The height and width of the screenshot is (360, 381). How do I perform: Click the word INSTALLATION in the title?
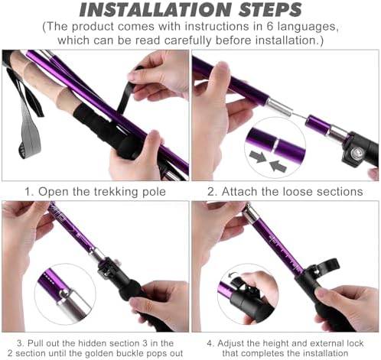click(x=155, y=10)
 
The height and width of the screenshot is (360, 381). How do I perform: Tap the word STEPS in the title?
click(x=270, y=10)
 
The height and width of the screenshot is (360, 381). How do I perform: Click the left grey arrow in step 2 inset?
click(x=258, y=156)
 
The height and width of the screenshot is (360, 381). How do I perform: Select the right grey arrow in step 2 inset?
click(x=278, y=167)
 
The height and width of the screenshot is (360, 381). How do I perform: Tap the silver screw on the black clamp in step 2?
click(x=356, y=153)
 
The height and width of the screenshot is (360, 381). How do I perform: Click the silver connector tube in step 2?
click(x=278, y=108)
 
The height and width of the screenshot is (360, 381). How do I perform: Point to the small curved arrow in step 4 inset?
click(x=233, y=274)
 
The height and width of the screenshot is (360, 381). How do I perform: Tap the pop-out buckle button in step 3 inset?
click(x=65, y=293)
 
